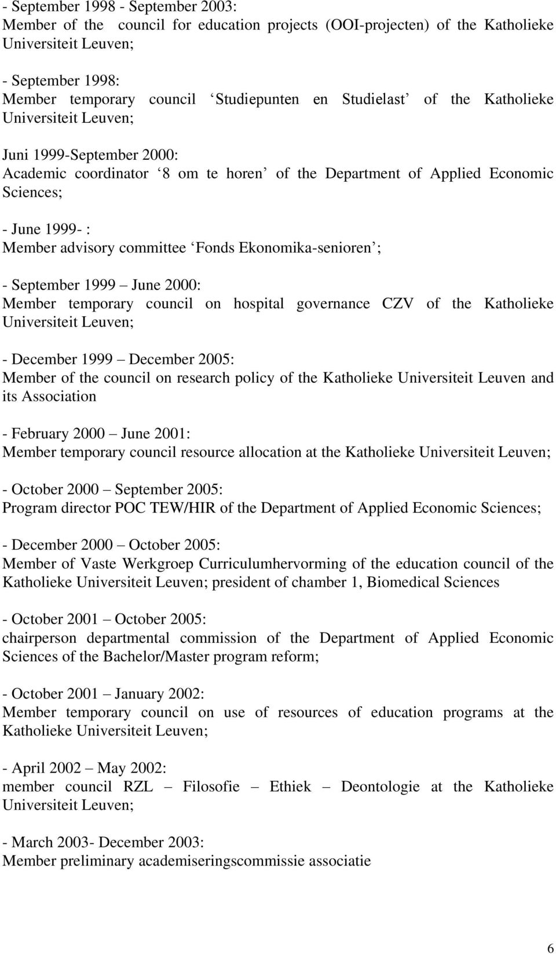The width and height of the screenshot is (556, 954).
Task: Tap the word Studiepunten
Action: (x=257, y=99)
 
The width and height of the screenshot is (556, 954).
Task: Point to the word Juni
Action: (x=16, y=155)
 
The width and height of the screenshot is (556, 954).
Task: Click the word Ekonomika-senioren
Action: (x=305, y=248)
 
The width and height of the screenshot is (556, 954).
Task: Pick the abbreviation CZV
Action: (x=398, y=304)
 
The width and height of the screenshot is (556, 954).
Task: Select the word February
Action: (x=39, y=434)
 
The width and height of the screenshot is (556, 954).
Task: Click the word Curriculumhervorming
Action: (x=273, y=564)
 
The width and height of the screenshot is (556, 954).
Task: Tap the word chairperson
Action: (x=39, y=638)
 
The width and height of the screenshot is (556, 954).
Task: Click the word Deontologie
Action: (x=380, y=787)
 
